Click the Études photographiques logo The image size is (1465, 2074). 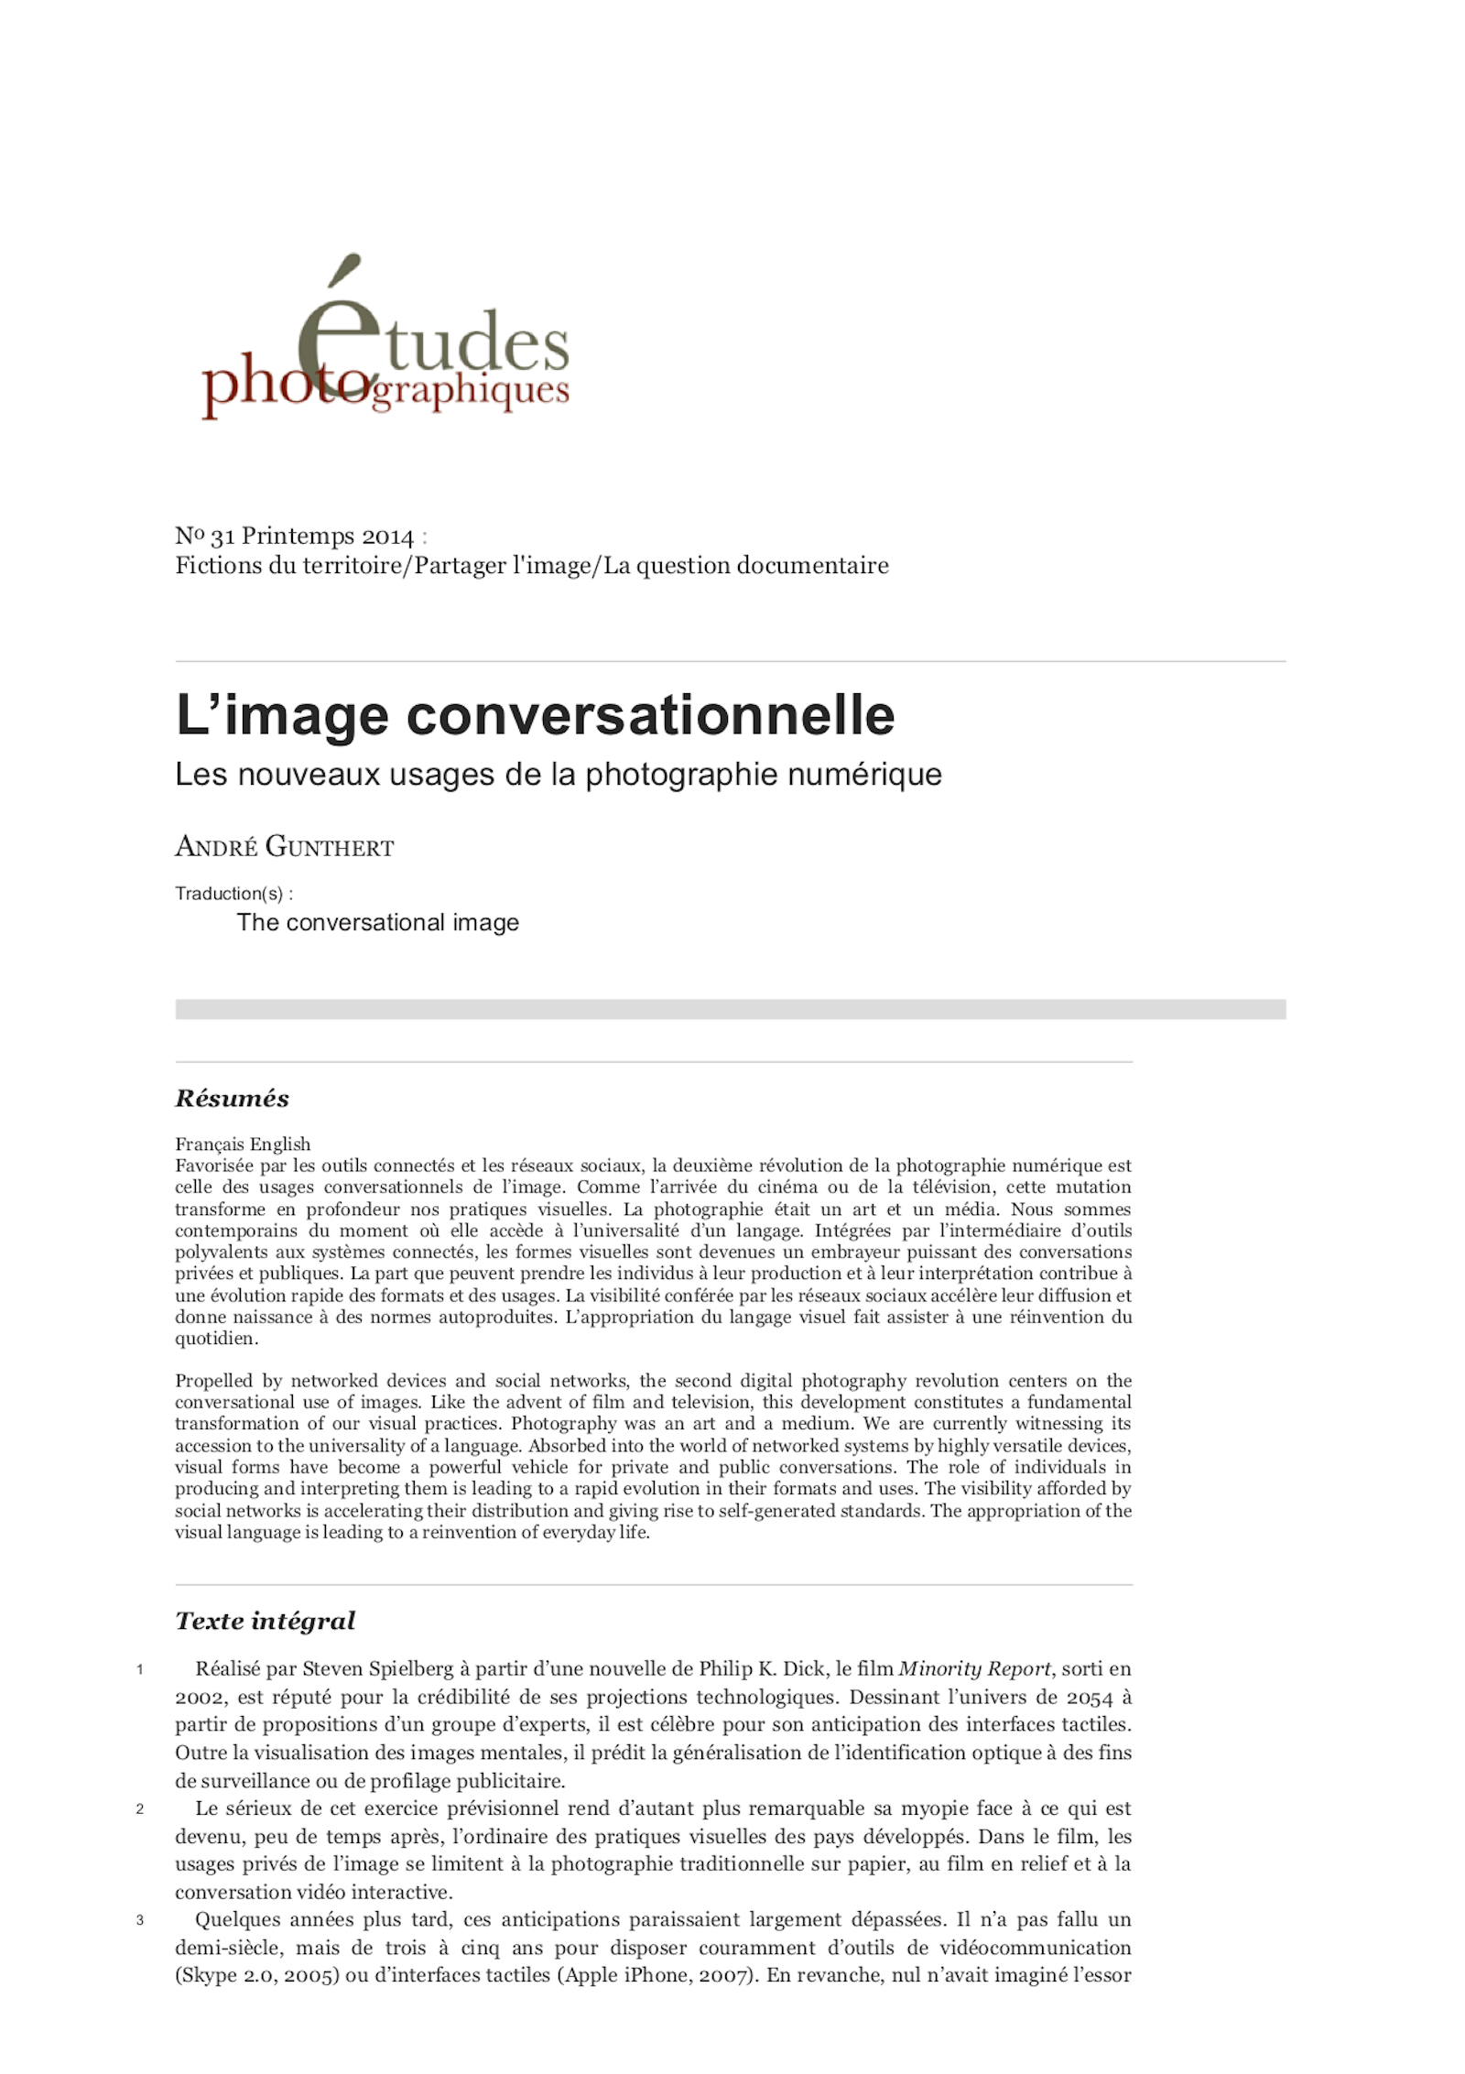click(x=385, y=343)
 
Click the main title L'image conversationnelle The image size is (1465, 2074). click(x=535, y=715)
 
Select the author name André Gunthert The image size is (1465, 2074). click(x=284, y=847)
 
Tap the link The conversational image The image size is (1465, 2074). click(x=377, y=922)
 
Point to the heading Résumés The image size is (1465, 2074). click(x=232, y=1099)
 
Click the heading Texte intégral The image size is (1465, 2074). click(x=265, y=1621)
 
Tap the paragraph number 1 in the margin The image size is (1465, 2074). click(x=140, y=1669)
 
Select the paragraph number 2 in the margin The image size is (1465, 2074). click(x=140, y=1808)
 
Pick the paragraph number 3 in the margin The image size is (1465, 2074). click(x=140, y=1920)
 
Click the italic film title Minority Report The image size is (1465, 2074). click(x=974, y=1669)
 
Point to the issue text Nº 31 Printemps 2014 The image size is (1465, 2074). click(x=295, y=537)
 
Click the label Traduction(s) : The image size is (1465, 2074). click(x=234, y=894)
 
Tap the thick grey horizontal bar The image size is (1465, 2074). click(x=730, y=1009)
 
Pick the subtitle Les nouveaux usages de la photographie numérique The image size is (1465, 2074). click(x=559, y=775)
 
